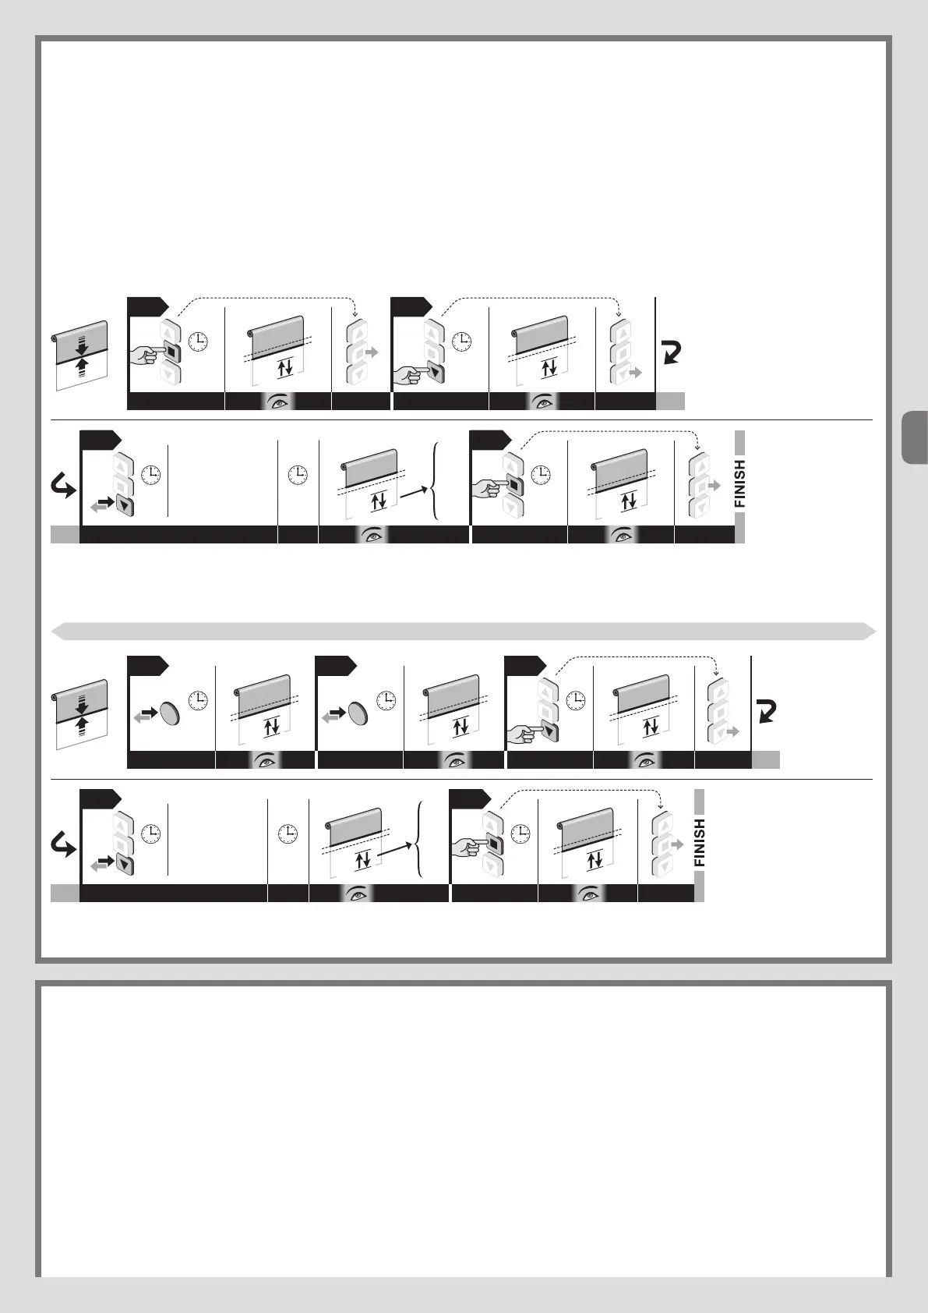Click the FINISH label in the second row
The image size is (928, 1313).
tap(739, 484)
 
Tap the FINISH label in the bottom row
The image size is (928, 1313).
tap(699, 843)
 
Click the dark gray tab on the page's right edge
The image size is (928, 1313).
tap(914, 439)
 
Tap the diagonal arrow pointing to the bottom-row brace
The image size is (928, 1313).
tap(398, 852)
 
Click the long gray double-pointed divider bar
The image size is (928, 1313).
tap(464, 631)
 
